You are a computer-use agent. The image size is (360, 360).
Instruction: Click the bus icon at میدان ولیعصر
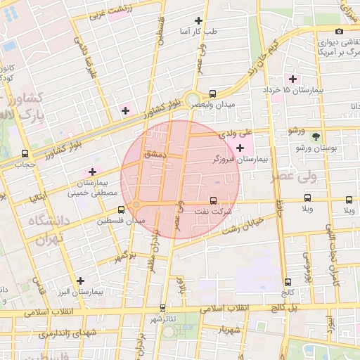[x=213, y=93]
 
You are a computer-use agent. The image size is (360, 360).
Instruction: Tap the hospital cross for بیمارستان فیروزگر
[x=241, y=148]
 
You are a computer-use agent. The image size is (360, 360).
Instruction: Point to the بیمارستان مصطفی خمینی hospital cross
[x=92, y=172]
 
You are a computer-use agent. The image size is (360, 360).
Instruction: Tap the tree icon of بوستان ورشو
[x=316, y=136]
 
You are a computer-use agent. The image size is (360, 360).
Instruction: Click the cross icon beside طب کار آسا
[x=199, y=20]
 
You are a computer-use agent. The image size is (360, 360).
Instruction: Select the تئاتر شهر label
[x=162, y=319]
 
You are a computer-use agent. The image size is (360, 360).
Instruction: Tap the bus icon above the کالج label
[x=288, y=282]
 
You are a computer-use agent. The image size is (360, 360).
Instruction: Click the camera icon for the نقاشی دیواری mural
[x=340, y=31]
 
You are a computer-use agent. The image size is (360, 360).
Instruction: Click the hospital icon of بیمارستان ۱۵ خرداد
[x=292, y=79]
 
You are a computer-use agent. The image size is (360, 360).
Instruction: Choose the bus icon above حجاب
[x=25, y=153]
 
